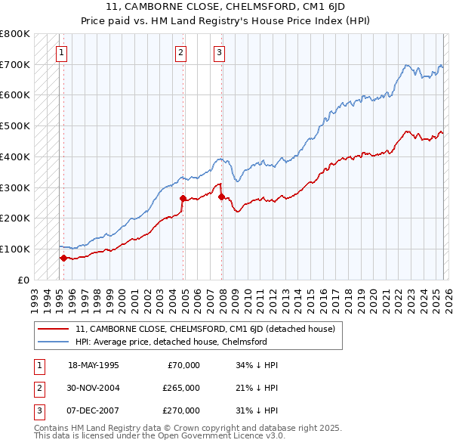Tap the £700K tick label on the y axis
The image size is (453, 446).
pos(15,65)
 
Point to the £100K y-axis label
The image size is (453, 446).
pos(15,249)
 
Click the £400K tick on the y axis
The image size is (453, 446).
pos(15,156)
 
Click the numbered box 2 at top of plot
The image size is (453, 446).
pos(181,53)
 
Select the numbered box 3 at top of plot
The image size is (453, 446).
pos(219,53)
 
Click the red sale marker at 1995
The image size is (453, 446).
pos(63,258)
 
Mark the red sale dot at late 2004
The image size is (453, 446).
pos(183,198)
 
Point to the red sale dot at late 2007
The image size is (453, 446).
pos(221,197)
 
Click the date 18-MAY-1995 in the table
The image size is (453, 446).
pos(94,365)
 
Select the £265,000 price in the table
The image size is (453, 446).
pos(180,388)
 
